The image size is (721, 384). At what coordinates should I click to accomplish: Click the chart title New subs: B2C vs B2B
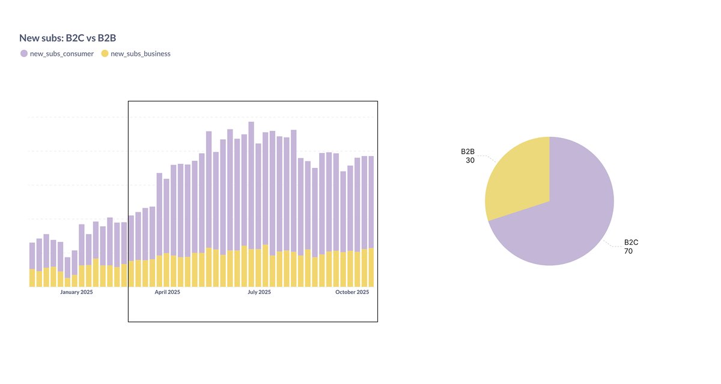(67, 38)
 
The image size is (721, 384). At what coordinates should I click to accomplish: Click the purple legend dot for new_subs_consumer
(24, 53)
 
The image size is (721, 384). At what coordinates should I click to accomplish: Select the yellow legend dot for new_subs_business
(105, 53)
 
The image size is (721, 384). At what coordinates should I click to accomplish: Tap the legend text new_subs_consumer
(62, 53)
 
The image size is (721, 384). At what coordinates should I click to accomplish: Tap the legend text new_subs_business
(141, 53)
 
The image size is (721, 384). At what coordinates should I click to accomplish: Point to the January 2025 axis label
(76, 292)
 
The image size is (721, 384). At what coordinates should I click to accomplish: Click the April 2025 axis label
(168, 292)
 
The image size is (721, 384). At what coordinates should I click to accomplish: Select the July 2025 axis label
(260, 292)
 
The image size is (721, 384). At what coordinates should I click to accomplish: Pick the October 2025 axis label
(352, 292)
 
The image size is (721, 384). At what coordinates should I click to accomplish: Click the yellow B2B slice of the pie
(517, 180)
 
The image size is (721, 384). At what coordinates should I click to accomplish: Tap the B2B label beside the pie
(468, 152)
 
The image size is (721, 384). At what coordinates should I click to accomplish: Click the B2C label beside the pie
(631, 242)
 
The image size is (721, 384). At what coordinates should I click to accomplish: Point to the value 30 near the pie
(470, 160)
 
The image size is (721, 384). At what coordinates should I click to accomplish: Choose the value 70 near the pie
(628, 251)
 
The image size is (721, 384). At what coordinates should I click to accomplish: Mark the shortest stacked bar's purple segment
(68, 268)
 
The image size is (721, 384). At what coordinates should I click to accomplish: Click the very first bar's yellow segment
(32, 278)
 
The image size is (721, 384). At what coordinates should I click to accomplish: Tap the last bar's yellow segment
(371, 267)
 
